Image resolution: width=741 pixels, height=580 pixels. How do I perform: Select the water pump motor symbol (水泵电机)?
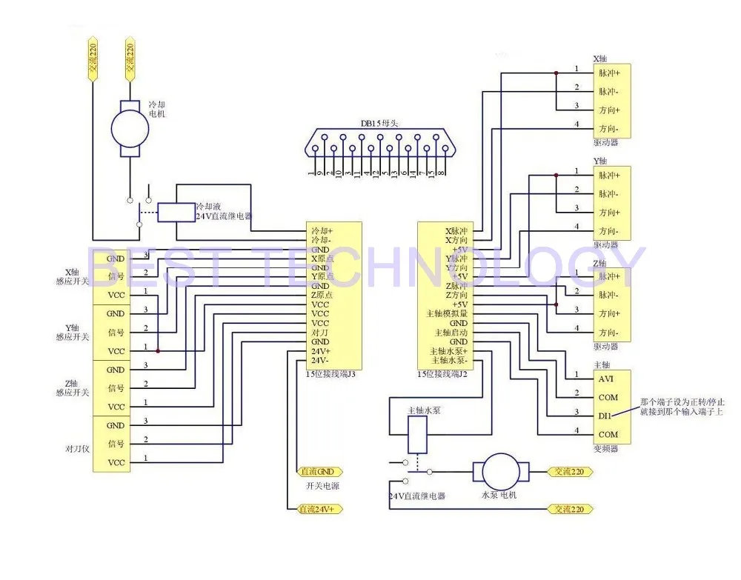tap(503, 471)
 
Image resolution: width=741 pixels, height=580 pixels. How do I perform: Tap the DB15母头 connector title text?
tap(379, 124)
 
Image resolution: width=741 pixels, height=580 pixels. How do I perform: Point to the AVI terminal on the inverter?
tap(606, 379)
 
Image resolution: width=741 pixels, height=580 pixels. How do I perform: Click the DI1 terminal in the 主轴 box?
tap(605, 416)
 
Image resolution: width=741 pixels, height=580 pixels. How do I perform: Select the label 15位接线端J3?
tap(330, 375)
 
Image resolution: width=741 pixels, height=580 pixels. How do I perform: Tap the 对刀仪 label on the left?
tap(77, 448)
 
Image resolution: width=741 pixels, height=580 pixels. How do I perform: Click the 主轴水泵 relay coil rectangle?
tap(417, 434)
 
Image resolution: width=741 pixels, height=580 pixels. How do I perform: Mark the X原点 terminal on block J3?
tap(322, 259)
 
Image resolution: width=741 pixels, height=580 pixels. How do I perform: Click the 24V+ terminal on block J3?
tap(321, 351)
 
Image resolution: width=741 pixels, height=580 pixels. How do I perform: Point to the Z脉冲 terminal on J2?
tap(456, 286)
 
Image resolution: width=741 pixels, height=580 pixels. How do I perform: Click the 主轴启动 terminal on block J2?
tap(452, 333)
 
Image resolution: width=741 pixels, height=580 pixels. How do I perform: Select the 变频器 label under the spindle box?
tap(605, 447)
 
